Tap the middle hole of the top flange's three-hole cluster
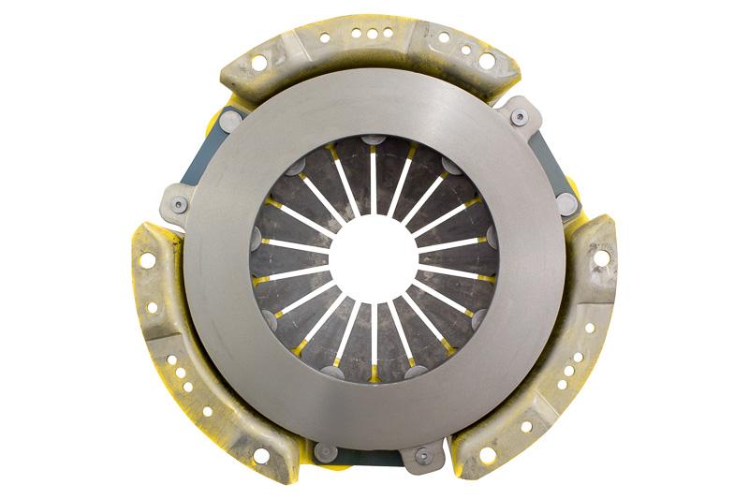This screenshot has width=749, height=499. [374, 34]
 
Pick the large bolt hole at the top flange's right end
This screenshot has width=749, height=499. [486, 61]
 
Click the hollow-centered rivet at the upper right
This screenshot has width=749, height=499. [520, 118]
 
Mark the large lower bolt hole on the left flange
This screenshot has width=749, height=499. [260, 455]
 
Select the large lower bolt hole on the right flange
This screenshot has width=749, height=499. [487, 455]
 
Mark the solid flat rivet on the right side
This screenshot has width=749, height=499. [565, 203]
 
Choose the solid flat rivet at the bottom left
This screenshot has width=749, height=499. [324, 452]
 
